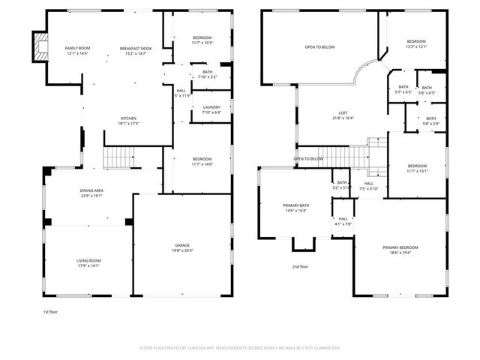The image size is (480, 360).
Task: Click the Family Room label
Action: (77, 50)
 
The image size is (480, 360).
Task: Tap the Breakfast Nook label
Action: (136, 50)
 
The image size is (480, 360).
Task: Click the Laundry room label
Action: (211, 110)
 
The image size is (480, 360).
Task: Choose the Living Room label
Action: (88, 262)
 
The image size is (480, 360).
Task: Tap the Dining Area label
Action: (91, 193)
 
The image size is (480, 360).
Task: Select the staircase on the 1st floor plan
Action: (118, 157)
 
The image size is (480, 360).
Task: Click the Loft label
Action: (342, 115)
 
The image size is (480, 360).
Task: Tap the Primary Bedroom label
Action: (400, 250)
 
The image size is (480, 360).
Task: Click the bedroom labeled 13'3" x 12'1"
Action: (416, 43)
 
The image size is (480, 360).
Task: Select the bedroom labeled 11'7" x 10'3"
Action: (202, 40)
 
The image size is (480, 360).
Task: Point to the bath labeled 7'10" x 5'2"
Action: (207, 74)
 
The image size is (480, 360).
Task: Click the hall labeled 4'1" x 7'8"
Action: (343, 221)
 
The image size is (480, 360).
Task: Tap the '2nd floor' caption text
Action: (301, 266)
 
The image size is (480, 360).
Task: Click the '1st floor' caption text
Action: (51, 310)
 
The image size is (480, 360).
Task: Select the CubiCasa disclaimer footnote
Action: (240, 348)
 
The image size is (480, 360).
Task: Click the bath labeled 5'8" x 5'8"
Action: (430, 120)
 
